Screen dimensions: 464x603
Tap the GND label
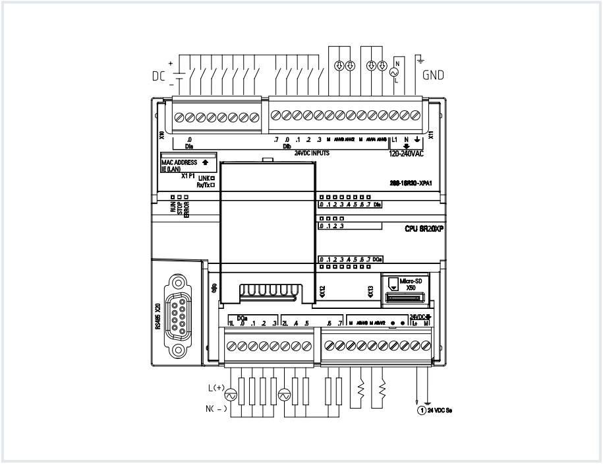(433, 75)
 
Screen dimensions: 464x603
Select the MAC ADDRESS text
(180, 161)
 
